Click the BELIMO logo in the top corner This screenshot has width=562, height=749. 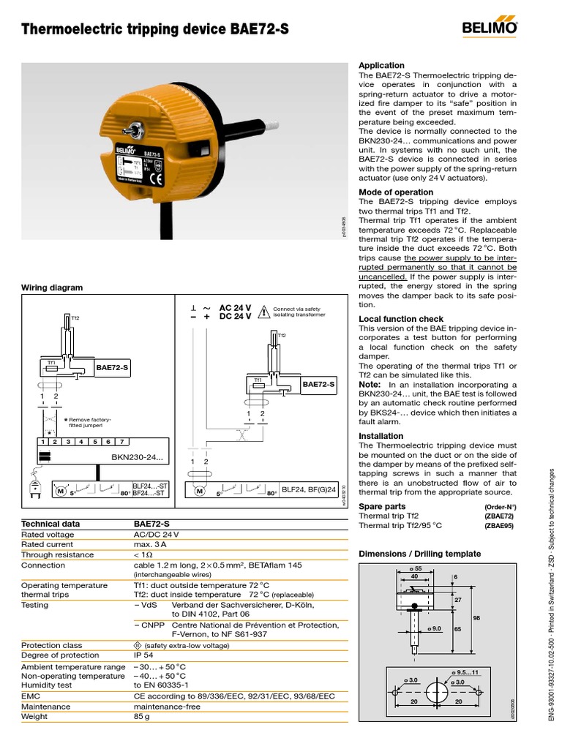tap(490, 29)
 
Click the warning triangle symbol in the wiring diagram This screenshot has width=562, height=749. tap(262, 312)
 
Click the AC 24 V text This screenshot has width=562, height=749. tap(235, 308)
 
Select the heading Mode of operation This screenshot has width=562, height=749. tap(396, 192)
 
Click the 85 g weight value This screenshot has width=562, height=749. tap(141, 717)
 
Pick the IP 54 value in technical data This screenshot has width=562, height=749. tap(146, 655)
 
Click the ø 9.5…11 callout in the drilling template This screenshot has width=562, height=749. tap(465, 672)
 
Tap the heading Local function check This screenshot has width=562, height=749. tap(401, 319)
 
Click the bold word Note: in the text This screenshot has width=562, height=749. tap(370, 385)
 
